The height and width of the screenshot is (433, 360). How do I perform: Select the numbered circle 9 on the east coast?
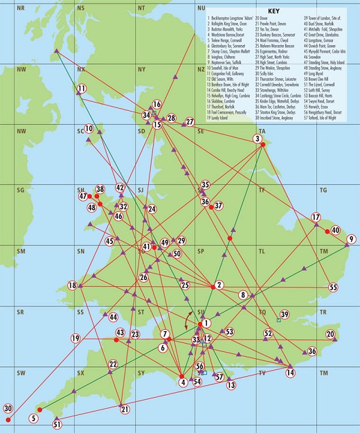pos(351,239)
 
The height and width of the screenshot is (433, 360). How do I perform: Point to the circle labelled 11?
pos(81,89)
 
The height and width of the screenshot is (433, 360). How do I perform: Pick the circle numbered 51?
pos(57,424)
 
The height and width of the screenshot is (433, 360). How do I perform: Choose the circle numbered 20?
pos(330,335)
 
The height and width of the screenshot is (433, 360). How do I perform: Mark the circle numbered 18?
pos(72,285)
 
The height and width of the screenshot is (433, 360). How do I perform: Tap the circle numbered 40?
pos(334,230)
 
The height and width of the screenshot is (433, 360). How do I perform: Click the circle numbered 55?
pos(333,287)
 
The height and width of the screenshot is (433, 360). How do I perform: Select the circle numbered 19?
pos(75,338)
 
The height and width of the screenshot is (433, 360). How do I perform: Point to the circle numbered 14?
pos(290,373)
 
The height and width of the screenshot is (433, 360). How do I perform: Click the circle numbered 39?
pos(284,315)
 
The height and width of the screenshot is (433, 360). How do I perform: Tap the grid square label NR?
pos(21,7)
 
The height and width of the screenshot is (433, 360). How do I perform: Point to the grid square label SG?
pos(21,189)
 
